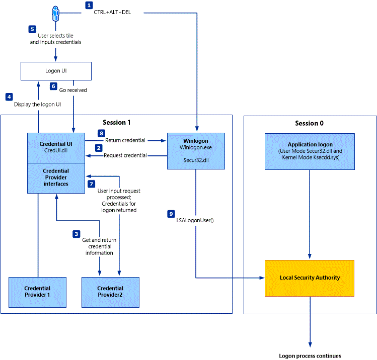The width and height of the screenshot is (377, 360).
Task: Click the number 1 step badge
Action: click(89, 6)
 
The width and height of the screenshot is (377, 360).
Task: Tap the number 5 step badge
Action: click(32, 29)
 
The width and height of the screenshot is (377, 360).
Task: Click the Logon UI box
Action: click(56, 71)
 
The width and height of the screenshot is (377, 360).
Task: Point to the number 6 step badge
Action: click(53, 86)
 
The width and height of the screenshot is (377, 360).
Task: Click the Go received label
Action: click(73, 90)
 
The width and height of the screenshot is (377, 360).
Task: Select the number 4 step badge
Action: click(9, 96)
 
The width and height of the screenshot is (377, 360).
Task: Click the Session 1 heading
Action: click(116, 123)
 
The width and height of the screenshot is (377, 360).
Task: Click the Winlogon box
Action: click(196, 148)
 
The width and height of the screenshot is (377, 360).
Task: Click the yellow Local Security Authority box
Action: click(310, 278)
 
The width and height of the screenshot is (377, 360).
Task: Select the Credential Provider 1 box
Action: click(38, 292)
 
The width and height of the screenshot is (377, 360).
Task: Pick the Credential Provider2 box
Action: click(110, 292)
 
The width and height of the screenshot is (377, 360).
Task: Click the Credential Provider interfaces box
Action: click(55, 178)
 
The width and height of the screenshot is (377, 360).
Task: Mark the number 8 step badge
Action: click(101, 134)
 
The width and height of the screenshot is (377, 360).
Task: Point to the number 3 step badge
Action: click(76, 234)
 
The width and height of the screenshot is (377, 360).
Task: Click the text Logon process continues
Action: click(310, 355)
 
